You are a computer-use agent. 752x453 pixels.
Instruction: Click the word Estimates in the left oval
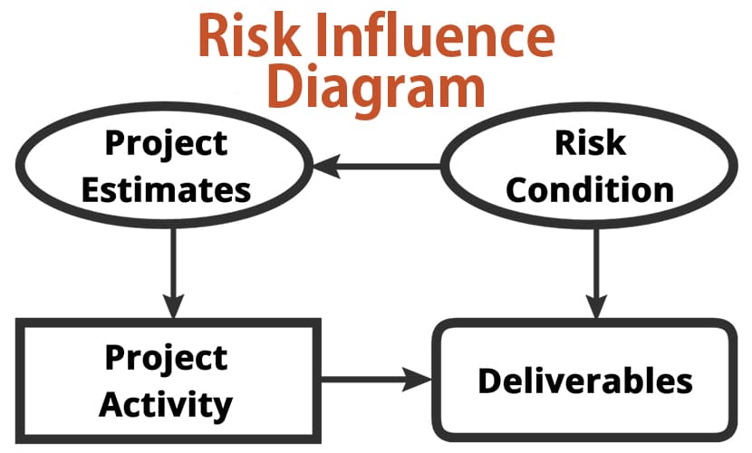coord(167,190)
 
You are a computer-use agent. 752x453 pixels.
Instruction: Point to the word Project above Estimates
coord(167,144)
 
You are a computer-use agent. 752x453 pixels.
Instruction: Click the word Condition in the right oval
coord(590,190)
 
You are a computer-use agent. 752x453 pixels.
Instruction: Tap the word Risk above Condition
coord(591,142)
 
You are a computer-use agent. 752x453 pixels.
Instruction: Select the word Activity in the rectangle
coord(166,406)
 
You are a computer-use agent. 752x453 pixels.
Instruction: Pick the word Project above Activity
coord(167,359)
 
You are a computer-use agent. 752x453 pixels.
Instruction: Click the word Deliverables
coord(585,381)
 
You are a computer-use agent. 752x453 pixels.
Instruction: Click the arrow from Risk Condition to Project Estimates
coord(377,167)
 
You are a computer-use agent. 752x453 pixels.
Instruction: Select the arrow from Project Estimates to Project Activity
coord(173,274)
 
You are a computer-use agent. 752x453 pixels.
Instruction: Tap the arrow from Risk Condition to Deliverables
coord(596,274)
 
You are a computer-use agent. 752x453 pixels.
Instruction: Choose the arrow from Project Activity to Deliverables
coord(377,380)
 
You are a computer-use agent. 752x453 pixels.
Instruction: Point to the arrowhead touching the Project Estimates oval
coord(326,167)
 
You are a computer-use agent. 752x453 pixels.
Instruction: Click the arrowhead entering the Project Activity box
coord(173,306)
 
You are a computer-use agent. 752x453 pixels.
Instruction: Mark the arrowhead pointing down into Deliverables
coord(596,306)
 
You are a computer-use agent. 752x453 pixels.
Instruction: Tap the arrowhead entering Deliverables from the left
coord(419,380)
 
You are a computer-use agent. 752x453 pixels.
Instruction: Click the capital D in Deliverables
coord(491,381)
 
